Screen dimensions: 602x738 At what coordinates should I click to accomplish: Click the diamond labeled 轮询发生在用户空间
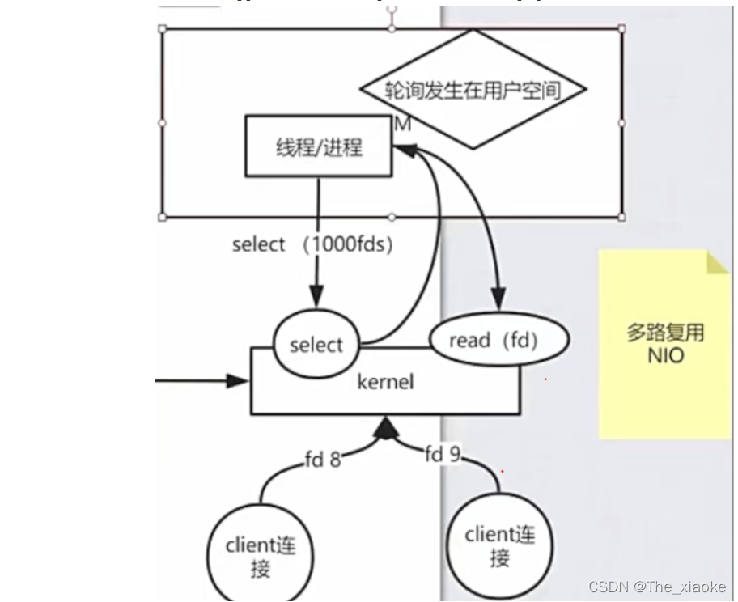coord(473,89)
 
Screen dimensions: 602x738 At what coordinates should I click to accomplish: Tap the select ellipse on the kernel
coord(316,345)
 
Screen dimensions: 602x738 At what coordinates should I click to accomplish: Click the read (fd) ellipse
coord(498,340)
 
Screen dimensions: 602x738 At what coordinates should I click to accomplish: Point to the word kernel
coord(385,380)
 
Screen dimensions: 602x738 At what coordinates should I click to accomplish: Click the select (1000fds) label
coord(312,244)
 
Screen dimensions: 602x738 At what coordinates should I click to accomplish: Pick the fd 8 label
coord(323,460)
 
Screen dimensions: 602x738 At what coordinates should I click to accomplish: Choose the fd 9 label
coord(443,455)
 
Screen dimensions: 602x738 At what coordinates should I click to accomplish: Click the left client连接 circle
coord(261,557)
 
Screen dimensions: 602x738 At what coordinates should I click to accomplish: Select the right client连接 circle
coord(499,546)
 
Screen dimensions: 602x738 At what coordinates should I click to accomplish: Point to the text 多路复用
coord(665,333)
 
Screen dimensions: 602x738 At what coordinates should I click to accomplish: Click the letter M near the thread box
coord(402,125)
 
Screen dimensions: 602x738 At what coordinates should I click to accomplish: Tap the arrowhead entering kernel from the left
coord(240,380)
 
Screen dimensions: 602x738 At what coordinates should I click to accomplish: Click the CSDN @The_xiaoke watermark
coord(656,587)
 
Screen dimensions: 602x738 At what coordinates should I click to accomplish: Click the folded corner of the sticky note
coord(718,262)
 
